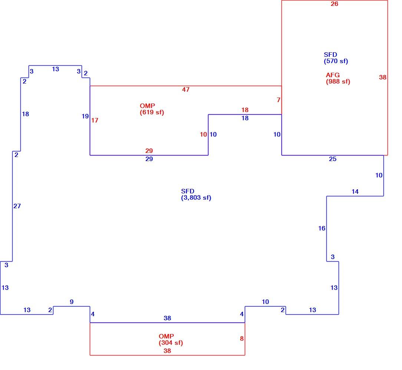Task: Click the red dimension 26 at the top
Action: click(334, 4)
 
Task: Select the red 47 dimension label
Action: click(186, 89)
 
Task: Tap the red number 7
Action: click(279, 100)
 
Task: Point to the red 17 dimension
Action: click(95, 120)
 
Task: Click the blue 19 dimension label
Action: click(85, 116)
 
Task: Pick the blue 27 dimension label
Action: click(17, 206)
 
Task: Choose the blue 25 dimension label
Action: click(333, 159)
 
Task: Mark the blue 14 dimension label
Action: click(355, 191)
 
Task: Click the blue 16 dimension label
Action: click(322, 228)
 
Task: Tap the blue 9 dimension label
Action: click(72, 302)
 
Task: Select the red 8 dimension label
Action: click(241, 339)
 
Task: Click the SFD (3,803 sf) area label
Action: click(196, 194)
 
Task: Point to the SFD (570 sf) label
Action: click(336, 58)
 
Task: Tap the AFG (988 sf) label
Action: click(338, 78)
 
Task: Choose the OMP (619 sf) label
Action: click(152, 109)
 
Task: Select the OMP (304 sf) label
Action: click(171, 340)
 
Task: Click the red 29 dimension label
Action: click(149, 151)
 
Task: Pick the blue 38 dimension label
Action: click(167, 318)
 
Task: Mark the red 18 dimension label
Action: click(245, 110)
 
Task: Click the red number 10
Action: click(203, 134)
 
